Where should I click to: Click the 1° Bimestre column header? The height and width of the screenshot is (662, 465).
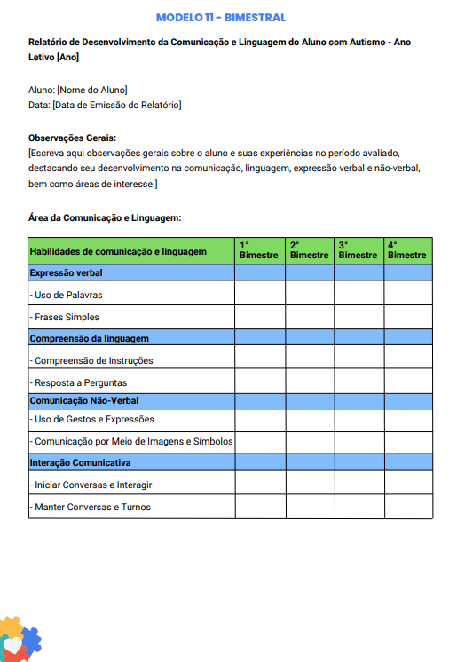(259, 250)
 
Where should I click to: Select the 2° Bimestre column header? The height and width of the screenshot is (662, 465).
(309, 250)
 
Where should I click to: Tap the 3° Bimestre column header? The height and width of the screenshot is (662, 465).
(358, 250)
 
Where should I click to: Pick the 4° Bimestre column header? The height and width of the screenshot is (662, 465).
(407, 250)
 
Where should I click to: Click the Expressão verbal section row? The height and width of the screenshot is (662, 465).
(66, 272)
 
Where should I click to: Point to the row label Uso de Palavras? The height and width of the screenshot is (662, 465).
(67, 295)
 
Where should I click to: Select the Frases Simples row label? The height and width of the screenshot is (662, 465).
(65, 317)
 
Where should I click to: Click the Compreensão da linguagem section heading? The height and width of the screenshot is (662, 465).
(89, 338)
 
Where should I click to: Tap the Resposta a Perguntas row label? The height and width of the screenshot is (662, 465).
(78, 382)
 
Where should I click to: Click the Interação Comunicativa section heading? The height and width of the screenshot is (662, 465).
(80, 462)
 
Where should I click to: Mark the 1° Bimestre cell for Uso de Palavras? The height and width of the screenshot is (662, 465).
(259, 294)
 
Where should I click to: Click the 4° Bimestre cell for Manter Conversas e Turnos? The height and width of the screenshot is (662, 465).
(407, 507)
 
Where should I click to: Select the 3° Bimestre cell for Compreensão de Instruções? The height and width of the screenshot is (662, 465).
(359, 359)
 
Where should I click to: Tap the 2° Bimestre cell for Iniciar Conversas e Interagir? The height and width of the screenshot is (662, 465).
(309, 485)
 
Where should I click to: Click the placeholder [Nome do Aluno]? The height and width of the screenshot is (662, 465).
(91, 90)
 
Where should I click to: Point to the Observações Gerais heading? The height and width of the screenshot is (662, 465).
(73, 138)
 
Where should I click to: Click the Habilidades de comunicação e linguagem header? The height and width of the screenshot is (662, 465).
(118, 251)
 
